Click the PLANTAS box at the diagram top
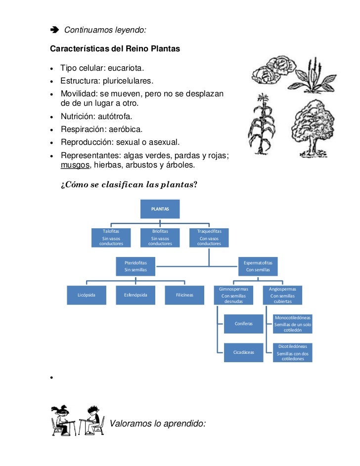click(x=160, y=209)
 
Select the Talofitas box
click(x=111, y=237)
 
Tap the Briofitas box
click(x=160, y=237)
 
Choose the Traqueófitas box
click(x=209, y=237)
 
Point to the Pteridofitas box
click(x=135, y=266)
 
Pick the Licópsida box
click(x=87, y=295)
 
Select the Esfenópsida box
click(x=135, y=295)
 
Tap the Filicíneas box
click(x=184, y=295)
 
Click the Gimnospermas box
click(x=233, y=295)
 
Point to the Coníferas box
click(x=243, y=324)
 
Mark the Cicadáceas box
click(x=243, y=352)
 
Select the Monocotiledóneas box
click(x=293, y=324)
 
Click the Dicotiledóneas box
click(x=293, y=352)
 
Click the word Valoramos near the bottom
click(x=130, y=423)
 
